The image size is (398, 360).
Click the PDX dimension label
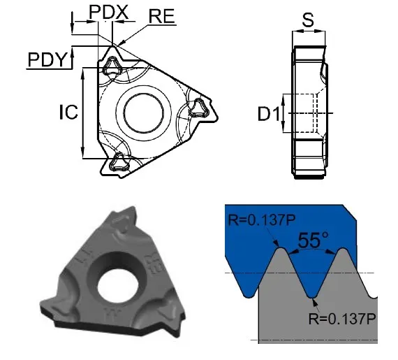(108, 12)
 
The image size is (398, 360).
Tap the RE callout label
(162, 16)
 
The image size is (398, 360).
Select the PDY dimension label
(47, 59)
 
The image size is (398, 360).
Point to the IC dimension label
(68, 112)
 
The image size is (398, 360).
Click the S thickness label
(308, 20)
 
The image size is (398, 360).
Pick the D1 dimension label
(269, 113)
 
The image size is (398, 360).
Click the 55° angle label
(314, 239)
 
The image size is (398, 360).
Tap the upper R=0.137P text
(262, 219)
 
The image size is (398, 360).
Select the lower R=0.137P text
(342, 318)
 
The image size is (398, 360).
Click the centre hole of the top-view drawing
(144, 113)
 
